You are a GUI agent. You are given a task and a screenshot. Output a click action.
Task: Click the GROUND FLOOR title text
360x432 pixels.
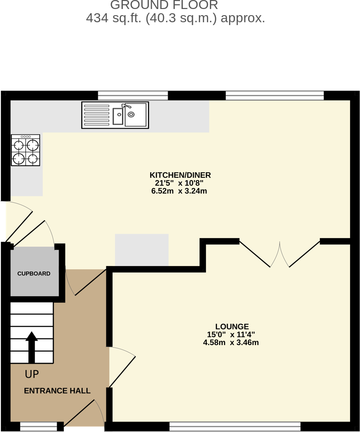(164, 6)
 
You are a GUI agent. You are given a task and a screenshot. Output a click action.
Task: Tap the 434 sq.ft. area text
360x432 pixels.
(175, 18)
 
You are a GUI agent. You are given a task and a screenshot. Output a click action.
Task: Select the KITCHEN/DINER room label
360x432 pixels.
(180, 175)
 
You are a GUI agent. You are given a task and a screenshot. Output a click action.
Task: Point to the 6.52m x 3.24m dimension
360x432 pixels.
(180, 191)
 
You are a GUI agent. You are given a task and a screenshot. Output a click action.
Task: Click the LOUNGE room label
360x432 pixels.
(231, 327)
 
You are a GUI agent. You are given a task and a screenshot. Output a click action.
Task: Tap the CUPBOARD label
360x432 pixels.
(34, 274)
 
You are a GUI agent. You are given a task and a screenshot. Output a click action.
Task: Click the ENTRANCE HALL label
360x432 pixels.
(57, 391)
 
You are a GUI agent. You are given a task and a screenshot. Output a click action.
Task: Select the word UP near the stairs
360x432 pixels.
(32, 374)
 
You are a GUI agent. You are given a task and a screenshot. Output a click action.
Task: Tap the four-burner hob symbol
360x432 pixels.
(26, 150)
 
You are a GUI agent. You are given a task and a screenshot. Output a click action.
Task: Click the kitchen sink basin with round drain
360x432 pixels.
(135, 115)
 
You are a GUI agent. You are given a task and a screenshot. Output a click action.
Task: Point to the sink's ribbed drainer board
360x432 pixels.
(96, 115)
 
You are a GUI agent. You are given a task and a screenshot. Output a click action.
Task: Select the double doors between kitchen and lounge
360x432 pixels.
(280, 254)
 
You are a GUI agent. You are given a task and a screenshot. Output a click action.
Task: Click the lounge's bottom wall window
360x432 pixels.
(235, 427)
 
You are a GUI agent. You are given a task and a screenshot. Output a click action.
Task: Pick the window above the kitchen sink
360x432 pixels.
(133, 95)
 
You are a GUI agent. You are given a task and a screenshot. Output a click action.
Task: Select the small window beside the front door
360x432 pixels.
(38, 427)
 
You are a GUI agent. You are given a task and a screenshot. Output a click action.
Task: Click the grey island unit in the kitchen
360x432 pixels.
(142, 250)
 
